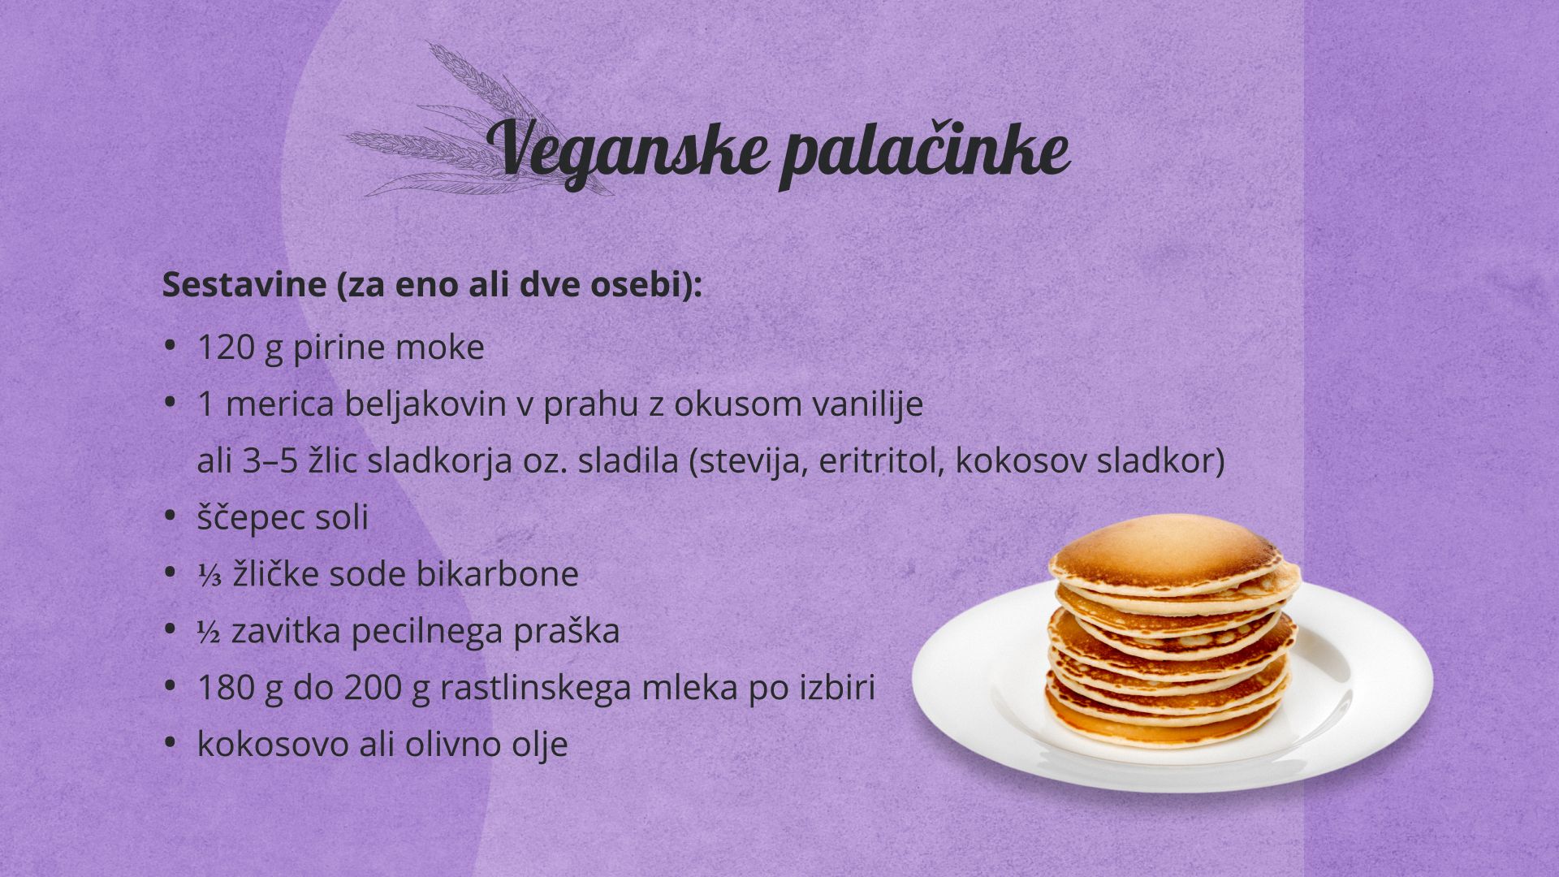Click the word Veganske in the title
(627, 151)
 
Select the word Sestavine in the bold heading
(244, 285)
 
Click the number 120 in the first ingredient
(227, 348)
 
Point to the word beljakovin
(425, 404)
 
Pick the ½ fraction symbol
(209, 631)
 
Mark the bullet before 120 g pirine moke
(170, 345)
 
